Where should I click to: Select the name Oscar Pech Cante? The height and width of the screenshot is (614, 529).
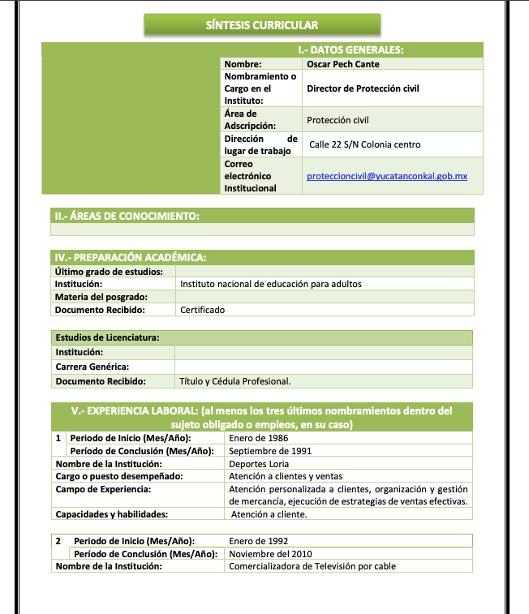coord(343,64)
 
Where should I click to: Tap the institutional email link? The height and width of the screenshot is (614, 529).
coord(387,176)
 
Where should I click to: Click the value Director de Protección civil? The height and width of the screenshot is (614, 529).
coord(363,88)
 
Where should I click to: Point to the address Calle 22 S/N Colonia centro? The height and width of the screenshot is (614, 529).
coord(365,144)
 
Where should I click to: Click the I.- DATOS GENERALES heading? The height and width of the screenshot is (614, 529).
coord(351,49)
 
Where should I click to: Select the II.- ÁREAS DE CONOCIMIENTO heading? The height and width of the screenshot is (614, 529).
coord(127,216)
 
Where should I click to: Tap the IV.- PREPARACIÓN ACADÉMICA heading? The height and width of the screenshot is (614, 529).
coord(130,258)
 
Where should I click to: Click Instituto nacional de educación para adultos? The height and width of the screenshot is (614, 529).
coord(270,284)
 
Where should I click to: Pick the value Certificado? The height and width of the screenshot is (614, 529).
coord(202,310)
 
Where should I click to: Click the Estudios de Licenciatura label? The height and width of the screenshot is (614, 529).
coord(106,337)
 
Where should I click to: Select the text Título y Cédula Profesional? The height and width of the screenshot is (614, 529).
coord(234,381)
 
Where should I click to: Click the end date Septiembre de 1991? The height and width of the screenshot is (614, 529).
coord(270,451)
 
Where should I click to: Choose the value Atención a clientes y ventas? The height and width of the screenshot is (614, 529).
coord(286,476)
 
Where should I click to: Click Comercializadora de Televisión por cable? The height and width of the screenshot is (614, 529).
coord(312,566)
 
